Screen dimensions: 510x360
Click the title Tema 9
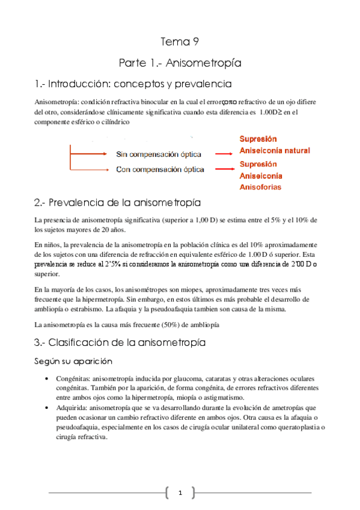pyautogui.click(x=179, y=41)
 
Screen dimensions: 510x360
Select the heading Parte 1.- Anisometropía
pyautogui.click(x=179, y=63)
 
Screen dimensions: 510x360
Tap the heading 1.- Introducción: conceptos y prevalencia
pyautogui.click(x=133, y=84)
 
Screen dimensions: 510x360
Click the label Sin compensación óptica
pyautogui.click(x=158, y=155)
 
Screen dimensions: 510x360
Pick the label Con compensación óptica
pyautogui.click(x=160, y=170)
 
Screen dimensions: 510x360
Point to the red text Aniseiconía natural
pyautogui.click(x=275, y=150)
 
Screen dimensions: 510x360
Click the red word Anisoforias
pyautogui.click(x=260, y=187)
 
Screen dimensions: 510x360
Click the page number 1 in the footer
pyautogui.click(x=180, y=494)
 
